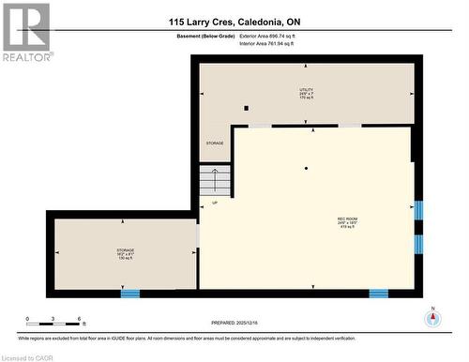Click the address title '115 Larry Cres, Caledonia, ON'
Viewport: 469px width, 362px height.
(234, 22)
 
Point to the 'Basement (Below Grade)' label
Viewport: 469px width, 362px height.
(205, 36)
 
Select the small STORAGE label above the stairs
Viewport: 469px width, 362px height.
(216, 143)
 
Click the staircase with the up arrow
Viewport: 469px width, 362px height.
(215, 179)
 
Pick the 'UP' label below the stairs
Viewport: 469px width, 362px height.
(215, 203)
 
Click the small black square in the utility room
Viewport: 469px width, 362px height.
(246, 108)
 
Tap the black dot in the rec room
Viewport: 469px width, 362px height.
(306, 168)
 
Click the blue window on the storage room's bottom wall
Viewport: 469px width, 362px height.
(130, 293)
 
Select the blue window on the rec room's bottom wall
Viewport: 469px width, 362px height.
(378, 293)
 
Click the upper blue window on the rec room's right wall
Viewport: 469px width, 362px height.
(418, 210)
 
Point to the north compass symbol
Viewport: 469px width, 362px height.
(432, 318)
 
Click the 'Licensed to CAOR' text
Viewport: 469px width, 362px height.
(31, 356)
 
